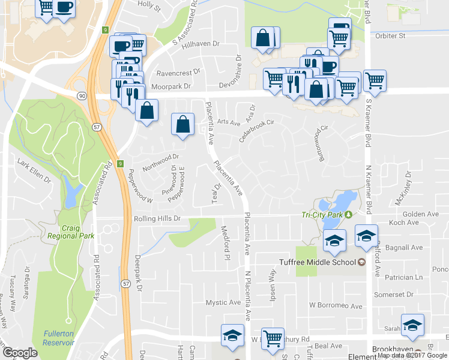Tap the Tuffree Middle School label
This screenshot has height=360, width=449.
[318, 262]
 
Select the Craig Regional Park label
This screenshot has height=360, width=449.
[71, 232]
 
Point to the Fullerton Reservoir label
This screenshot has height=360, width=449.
[58, 338]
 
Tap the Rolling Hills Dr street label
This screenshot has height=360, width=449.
[157, 219]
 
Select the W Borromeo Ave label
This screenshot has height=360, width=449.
[336, 306]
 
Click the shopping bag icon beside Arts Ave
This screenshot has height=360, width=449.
[183, 125]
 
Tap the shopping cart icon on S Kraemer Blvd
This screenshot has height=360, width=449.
[375, 80]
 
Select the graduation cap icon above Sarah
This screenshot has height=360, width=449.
[412, 325]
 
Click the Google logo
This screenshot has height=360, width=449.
[20, 353]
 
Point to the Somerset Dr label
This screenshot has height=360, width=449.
[406, 294]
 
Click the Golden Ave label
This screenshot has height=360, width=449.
[421, 214]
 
